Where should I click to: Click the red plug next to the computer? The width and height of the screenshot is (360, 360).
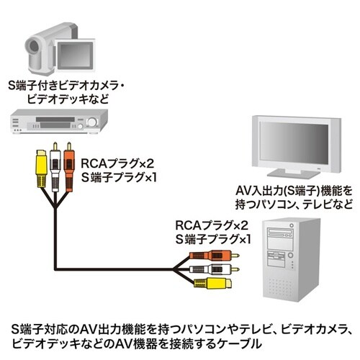point(209,255)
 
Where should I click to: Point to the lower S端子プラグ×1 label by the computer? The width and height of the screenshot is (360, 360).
point(216,238)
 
